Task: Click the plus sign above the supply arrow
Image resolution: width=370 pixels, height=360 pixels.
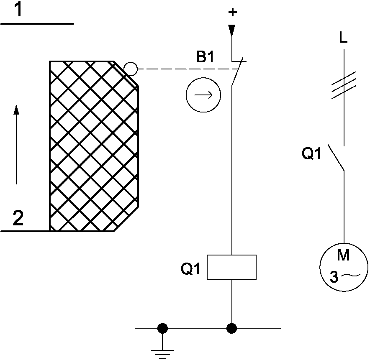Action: point(232,13)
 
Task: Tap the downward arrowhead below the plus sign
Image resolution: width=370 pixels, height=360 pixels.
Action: point(232,30)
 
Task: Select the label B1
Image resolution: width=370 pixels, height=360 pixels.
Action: point(206,57)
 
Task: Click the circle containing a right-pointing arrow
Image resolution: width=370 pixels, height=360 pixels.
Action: point(203,95)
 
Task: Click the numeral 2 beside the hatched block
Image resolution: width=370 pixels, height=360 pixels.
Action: point(18,219)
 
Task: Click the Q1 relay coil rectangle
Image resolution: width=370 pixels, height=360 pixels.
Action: point(232,267)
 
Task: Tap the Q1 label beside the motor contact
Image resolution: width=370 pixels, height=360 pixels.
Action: point(312,154)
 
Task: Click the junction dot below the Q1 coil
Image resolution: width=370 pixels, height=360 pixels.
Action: point(231,328)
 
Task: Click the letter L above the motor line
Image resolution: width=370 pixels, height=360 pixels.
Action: point(343,39)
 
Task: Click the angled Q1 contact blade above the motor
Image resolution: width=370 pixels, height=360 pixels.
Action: point(336,158)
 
